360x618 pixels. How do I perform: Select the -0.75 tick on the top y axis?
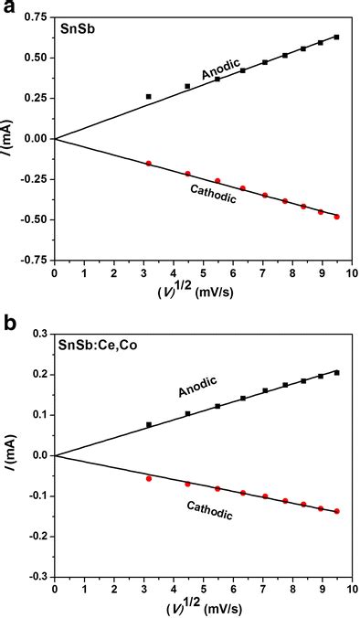pos(33,260)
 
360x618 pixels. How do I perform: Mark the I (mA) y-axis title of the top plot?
pos(9,138)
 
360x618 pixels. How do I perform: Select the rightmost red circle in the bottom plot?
pos(337,511)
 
